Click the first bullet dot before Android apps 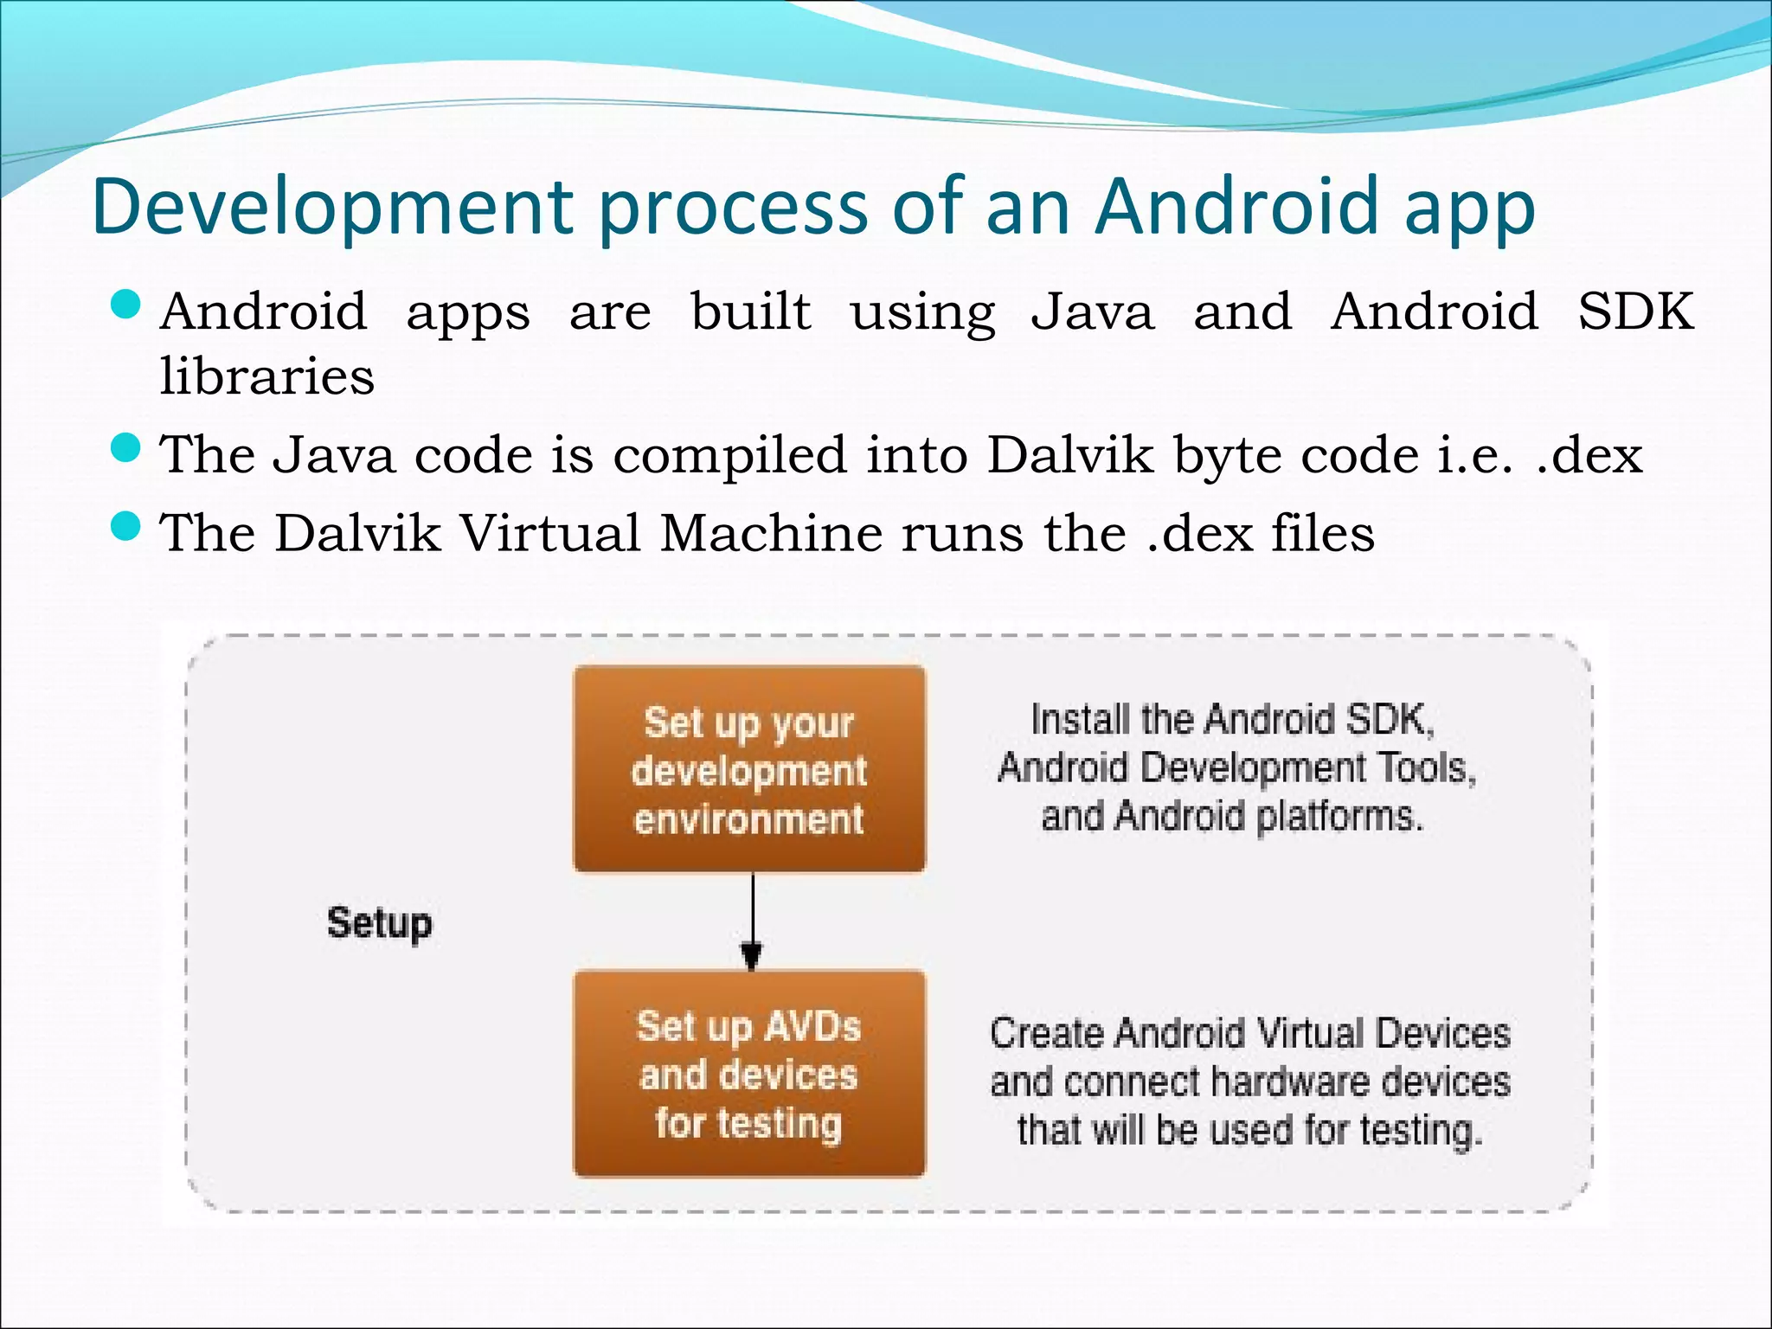coord(126,305)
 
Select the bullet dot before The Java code coord(126,448)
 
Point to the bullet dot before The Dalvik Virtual coord(126,525)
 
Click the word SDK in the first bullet coord(1634,311)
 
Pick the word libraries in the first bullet coord(266,376)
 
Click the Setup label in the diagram coord(379,922)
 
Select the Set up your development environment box coord(749,769)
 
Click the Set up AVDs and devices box coord(749,1074)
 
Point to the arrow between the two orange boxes coord(752,921)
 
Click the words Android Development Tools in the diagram coord(1236,768)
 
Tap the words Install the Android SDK coord(1232,720)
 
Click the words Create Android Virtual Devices coord(1249,1033)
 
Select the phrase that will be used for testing coord(1249,1130)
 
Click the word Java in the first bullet coord(1092,311)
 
